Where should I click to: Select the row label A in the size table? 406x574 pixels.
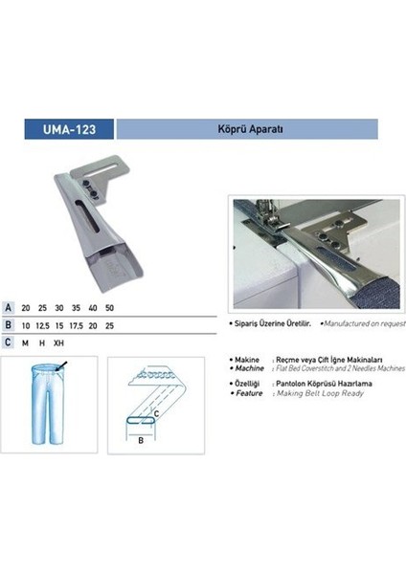[x=9, y=308]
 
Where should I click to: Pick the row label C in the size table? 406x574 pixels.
[x=9, y=342]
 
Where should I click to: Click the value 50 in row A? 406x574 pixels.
[x=110, y=308]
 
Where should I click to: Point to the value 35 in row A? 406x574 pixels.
[x=76, y=308]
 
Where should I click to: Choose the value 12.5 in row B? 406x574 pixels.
[x=43, y=325]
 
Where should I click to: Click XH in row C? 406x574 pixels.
[x=59, y=342]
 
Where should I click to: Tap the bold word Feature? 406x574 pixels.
[x=247, y=391]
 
